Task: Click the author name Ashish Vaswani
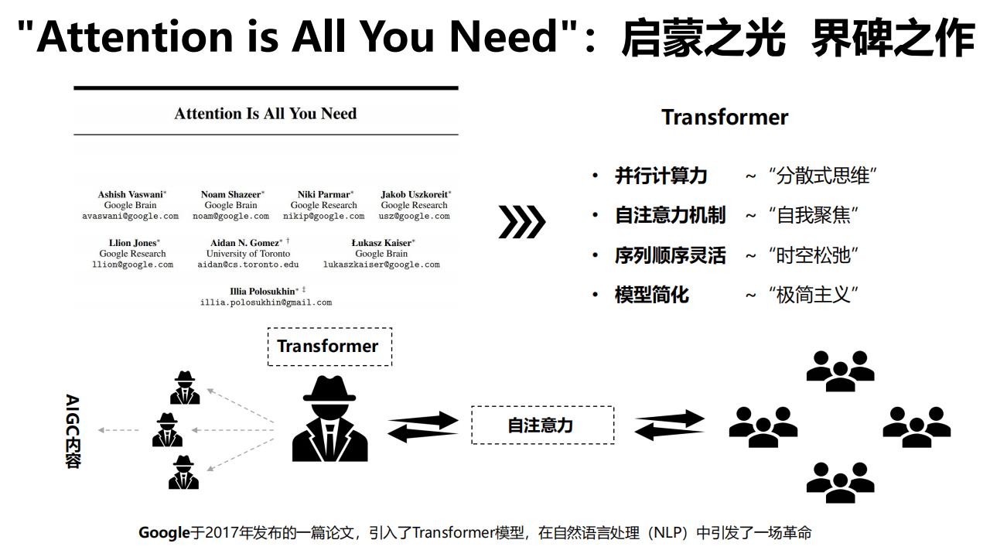[x=131, y=194]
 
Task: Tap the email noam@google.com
[x=230, y=216]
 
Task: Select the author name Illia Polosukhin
[x=262, y=292]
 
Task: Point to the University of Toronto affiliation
[x=248, y=254]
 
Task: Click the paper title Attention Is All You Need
[x=265, y=114]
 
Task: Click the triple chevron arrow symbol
[x=522, y=221]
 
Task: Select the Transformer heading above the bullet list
[x=725, y=118]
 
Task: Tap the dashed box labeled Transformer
[x=329, y=347]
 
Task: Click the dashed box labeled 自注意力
[x=543, y=425]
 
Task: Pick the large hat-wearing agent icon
[x=329, y=419]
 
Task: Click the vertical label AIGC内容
[x=73, y=431]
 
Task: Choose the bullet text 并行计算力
[x=661, y=176]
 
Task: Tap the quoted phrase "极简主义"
[x=813, y=295]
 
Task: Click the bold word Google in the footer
[x=164, y=533]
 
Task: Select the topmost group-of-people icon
[x=840, y=371]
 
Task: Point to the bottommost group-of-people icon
[x=840, y=482]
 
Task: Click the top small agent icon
[x=185, y=388]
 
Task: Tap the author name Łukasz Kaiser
[x=381, y=243]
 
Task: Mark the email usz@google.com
[x=414, y=216]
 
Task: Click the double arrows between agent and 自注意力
[x=423, y=426]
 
